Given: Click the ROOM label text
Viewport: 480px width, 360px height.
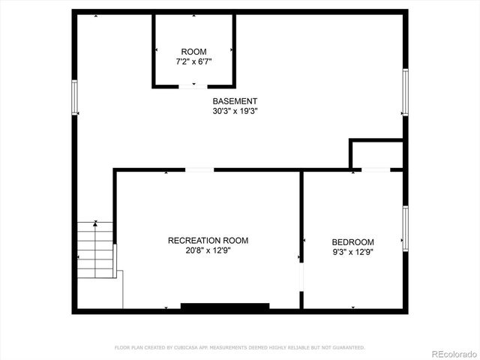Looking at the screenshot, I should [193, 52].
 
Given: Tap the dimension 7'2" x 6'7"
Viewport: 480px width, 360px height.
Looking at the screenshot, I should [193, 61].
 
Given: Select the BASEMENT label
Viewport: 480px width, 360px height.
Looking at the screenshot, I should [235, 101].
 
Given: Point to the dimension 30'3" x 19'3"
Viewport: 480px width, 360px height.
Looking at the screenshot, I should [235, 111].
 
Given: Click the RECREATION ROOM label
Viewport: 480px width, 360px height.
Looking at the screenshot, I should [208, 241].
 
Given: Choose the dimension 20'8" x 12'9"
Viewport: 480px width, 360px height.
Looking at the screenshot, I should [208, 251].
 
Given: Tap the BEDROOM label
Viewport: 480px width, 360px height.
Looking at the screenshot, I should [352, 242].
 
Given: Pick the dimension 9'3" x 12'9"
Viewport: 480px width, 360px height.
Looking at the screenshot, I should [352, 252].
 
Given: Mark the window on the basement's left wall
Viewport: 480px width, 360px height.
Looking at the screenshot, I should [74, 97].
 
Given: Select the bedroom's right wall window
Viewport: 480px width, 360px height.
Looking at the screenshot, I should [405, 228].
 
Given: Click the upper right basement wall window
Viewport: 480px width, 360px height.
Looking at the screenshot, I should [405, 91].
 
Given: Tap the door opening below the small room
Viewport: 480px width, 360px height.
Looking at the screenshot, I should [193, 87].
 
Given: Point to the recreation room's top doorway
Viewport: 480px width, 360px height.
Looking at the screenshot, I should [199, 170].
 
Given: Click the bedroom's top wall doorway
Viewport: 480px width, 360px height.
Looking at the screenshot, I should [376, 170].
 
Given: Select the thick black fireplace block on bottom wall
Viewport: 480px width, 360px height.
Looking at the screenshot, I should [225, 306].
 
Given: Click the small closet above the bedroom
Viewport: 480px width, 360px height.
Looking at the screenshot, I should [376, 154].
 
